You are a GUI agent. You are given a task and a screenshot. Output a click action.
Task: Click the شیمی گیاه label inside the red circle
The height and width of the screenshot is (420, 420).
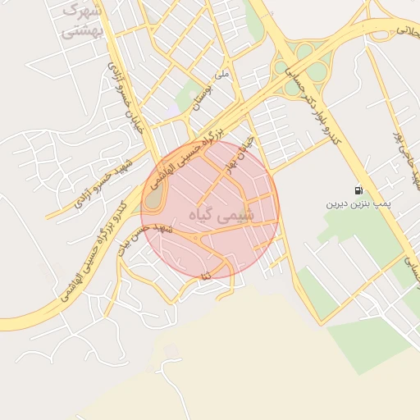pyautogui.click(x=222, y=214)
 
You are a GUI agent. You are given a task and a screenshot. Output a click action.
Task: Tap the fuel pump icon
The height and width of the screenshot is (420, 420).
pyautogui.click(x=358, y=189)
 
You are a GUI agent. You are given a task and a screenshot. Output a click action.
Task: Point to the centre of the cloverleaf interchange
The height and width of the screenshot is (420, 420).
pyautogui.click(x=304, y=62)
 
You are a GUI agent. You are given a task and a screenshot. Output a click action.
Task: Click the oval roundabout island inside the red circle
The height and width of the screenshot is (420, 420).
pyautogui.click(x=154, y=195)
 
